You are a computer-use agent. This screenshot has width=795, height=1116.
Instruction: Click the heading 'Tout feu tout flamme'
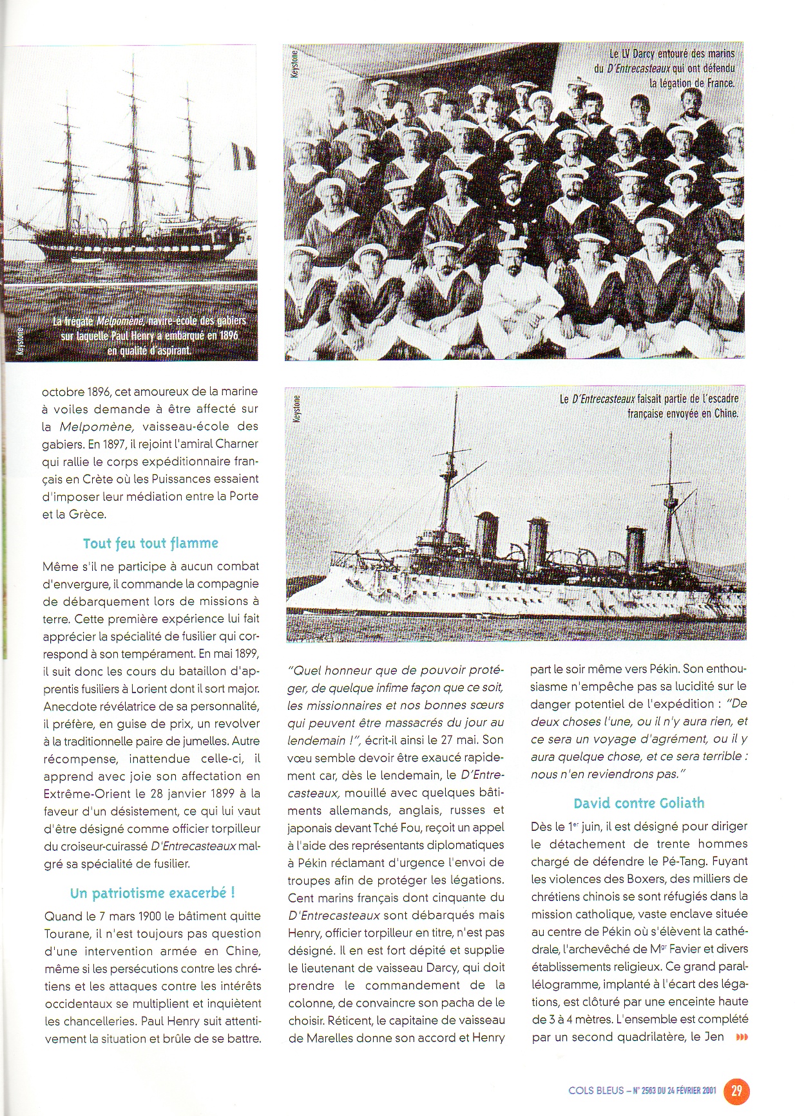pos(151,543)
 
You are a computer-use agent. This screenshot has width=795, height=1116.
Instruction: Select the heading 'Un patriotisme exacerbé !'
pos(153,893)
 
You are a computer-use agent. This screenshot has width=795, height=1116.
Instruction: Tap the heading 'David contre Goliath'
pos(639,803)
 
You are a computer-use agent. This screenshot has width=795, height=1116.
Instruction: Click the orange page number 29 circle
pos(737,1090)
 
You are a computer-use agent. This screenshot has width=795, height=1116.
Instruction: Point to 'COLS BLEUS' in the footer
pos(596,1090)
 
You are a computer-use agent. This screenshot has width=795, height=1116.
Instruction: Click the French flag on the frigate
pos(244,156)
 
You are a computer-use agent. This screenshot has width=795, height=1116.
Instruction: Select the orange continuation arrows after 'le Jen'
pos(742,1037)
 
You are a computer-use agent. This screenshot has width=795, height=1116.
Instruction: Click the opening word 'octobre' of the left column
pos(63,391)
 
